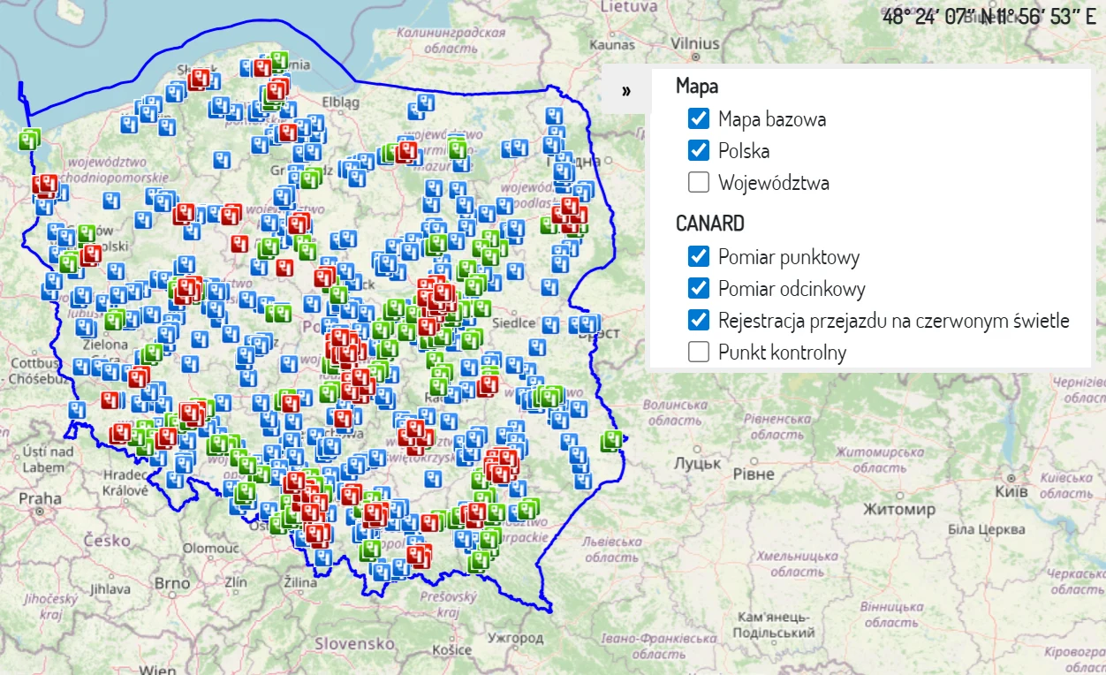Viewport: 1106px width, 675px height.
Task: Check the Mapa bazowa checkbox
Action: pyautogui.click(x=699, y=118)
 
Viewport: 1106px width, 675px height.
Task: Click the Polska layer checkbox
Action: pyautogui.click(x=699, y=150)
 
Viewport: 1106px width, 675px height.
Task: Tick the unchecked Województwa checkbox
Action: pyautogui.click(x=699, y=183)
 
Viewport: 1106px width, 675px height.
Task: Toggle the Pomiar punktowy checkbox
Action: pyautogui.click(x=699, y=256)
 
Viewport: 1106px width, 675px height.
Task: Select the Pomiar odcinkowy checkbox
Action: pyautogui.click(x=699, y=288)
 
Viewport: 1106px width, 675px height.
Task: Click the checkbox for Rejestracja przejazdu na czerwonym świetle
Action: pyautogui.click(x=699, y=320)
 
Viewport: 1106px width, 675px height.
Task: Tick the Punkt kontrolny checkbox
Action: pyautogui.click(x=699, y=352)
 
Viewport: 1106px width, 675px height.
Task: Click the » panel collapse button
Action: pyautogui.click(x=626, y=91)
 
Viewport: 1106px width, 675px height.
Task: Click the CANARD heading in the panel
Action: pyautogui.click(x=709, y=223)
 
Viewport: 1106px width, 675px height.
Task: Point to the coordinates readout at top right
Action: pyautogui.click(x=989, y=16)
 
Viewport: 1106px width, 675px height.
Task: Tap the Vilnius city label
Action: pyautogui.click(x=695, y=42)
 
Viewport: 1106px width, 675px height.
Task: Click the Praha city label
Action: pyautogui.click(x=40, y=498)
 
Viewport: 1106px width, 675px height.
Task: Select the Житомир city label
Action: pyautogui.click(x=898, y=510)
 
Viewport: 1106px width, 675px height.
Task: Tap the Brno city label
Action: pyautogui.click(x=171, y=583)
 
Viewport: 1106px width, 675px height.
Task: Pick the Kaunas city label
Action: pyautogui.click(x=612, y=44)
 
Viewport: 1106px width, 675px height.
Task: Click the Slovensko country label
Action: pyautogui.click(x=354, y=643)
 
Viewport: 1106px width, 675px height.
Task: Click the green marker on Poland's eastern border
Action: pyautogui.click(x=611, y=440)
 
